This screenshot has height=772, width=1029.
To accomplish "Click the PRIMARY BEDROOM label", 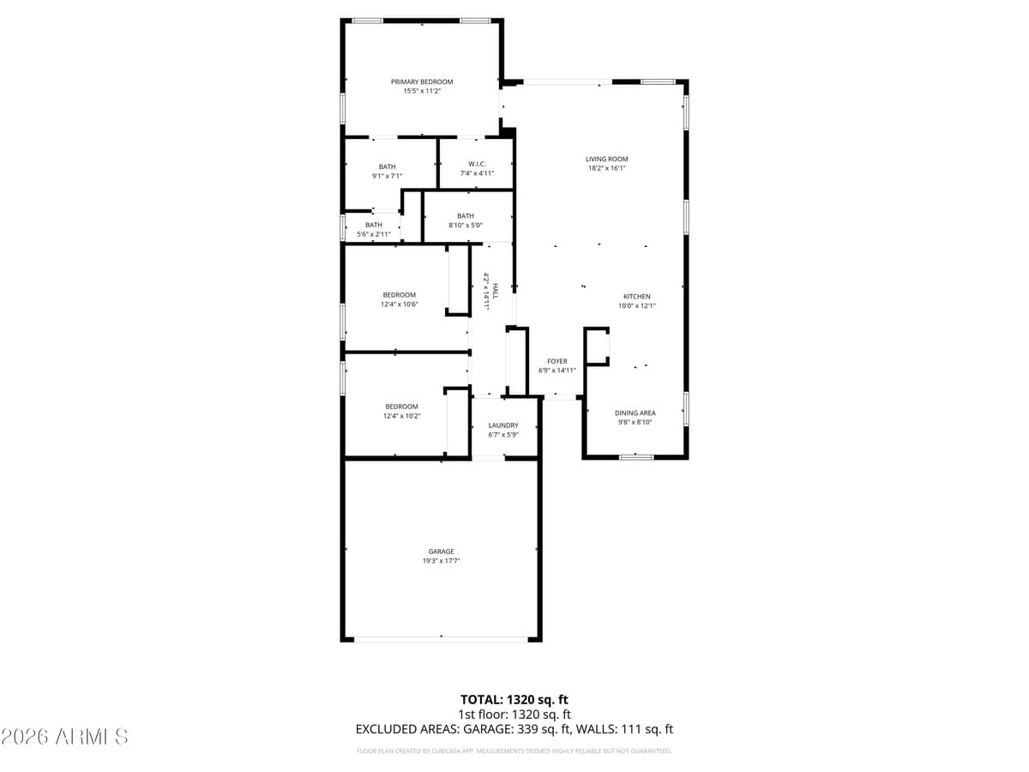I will [422, 82].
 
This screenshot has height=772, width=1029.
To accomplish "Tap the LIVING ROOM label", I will [607, 159].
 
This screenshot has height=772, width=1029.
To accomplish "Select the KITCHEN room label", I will [636, 297].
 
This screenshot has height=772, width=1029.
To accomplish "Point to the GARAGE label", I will [442, 552].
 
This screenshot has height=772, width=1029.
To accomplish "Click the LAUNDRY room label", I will [503, 425].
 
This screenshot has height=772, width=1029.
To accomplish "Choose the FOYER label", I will [557, 361].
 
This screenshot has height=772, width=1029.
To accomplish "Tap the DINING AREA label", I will [635, 413].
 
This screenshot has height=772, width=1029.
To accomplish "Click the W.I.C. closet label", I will [477, 164].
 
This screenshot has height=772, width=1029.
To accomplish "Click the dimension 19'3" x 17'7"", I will [442, 561].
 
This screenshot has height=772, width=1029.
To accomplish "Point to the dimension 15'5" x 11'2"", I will [422, 92].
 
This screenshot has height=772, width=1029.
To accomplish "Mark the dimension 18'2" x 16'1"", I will [607, 168].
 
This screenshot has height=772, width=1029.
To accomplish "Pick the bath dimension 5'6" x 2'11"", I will [374, 234].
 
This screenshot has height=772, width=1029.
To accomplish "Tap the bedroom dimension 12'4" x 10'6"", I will [400, 305].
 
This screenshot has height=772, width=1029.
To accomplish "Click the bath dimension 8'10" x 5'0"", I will [466, 226].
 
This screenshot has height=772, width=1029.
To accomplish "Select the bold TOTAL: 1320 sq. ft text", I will [514, 699].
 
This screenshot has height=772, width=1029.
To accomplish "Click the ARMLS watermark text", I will [65, 736].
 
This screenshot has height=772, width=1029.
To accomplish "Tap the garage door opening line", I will [442, 638].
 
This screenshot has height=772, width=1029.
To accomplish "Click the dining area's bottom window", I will [636, 456].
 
